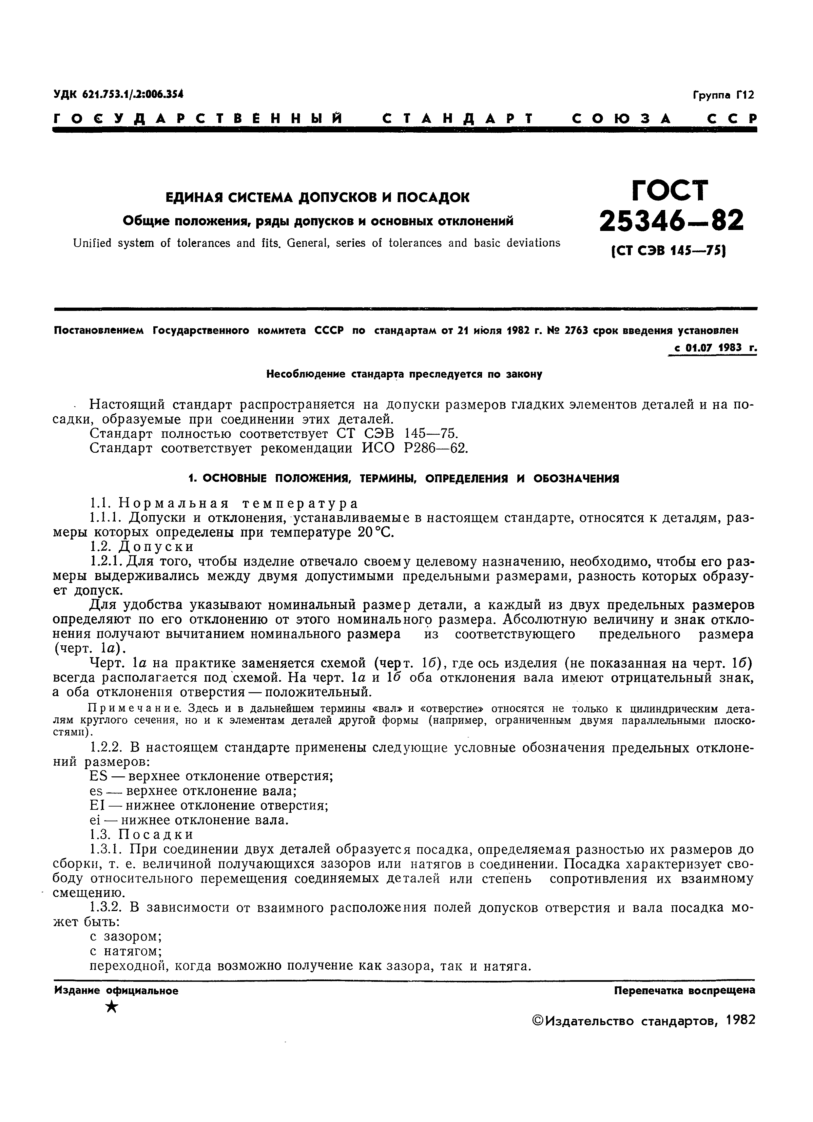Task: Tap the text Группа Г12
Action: pyautogui.click(x=724, y=94)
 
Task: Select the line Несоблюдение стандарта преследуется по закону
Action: pyautogui.click(x=404, y=374)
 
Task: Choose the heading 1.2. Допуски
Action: pyautogui.click(x=142, y=547)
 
